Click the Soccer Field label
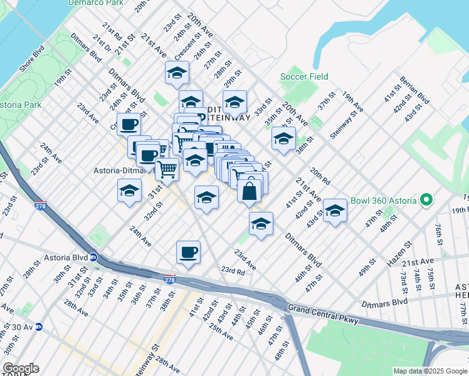pos(304,76)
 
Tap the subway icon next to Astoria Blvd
pos(93,257)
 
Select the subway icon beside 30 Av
pos(39,326)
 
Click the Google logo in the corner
pos(21,368)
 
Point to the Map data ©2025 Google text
pos(429,371)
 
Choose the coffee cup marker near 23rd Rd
pos(188,252)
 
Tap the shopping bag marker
pos(249,191)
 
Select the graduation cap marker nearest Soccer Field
pos(283,138)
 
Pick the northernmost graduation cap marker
pos(177,73)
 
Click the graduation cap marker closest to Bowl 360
pos(335,211)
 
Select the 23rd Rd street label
pos(233,271)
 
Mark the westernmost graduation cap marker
pos(129,191)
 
